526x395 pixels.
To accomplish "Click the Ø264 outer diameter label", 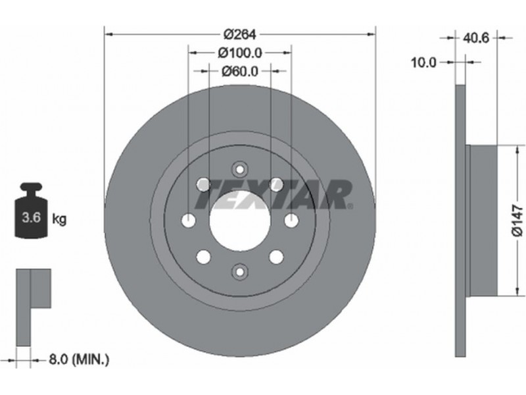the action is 239,34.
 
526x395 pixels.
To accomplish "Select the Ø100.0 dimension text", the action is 239,53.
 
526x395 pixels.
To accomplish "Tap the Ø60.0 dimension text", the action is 239,71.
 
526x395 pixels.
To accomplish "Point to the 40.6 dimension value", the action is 476,38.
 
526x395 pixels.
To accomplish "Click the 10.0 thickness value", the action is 424,63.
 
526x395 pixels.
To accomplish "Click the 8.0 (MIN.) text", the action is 79,359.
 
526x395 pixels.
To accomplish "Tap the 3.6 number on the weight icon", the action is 31,218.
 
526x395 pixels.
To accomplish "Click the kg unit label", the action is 59,219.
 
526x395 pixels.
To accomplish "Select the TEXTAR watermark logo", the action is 274,194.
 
